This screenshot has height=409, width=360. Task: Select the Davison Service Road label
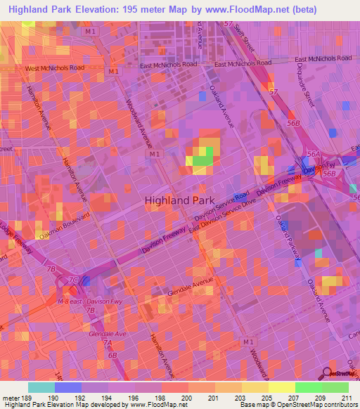221,207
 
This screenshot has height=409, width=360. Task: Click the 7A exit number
107,342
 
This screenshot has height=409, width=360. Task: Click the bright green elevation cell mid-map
202,160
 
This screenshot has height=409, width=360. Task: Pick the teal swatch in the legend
41,387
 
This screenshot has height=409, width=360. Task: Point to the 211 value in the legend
346,398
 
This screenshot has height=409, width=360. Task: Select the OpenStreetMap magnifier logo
328,372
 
